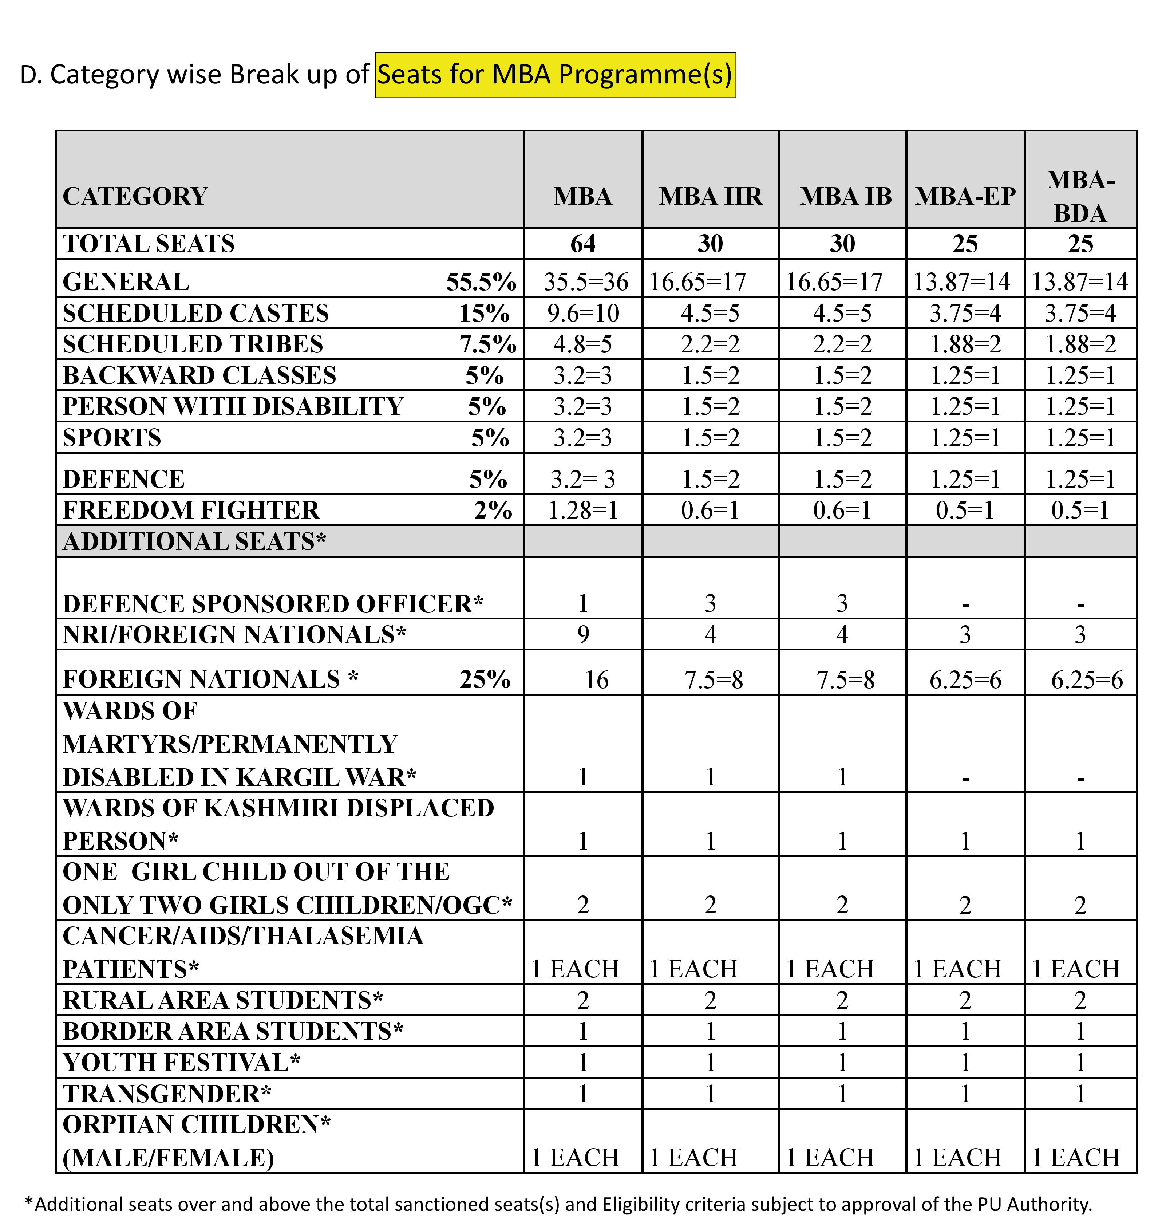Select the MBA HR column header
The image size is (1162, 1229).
pos(711,196)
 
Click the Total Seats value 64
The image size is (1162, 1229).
pos(583,244)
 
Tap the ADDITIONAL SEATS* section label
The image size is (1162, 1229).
pos(194,542)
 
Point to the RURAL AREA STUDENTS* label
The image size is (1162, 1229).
pos(223,1000)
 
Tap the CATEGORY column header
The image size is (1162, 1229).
pos(135,196)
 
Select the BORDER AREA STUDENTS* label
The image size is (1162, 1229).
pos(233,1031)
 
